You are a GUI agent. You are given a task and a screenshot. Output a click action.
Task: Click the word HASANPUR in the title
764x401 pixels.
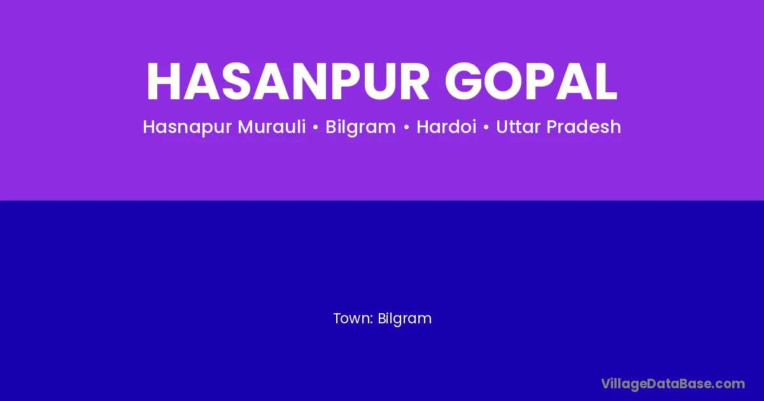click(x=288, y=81)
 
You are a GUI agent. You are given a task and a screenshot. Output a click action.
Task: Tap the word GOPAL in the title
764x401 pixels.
click(x=531, y=81)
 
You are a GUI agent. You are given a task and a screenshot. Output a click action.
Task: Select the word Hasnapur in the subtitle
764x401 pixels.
click(x=187, y=127)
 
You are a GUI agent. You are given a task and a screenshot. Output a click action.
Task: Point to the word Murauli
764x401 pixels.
click(x=272, y=127)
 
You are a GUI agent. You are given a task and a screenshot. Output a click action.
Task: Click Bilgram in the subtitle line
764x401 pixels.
click(x=360, y=127)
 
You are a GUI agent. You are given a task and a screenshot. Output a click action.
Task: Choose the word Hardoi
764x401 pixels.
click(x=446, y=127)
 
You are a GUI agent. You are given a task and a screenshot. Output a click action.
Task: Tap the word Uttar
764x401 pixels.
click(x=518, y=127)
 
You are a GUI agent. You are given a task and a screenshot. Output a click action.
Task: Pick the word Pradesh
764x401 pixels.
click(x=584, y=127)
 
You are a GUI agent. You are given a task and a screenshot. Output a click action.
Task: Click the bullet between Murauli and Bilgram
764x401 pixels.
click(x=316, y=127)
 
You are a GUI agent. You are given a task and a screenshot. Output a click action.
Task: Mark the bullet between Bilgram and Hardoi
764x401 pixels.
click(x=406, y=127)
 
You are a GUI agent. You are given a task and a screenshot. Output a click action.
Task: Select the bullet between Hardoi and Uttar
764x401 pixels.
click(x=486, y=127)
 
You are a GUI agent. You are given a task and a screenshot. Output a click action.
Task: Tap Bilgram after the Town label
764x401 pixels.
click(x=404, y=319)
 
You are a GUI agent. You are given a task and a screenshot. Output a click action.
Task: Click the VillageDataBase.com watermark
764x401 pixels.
click(x=673, y=384)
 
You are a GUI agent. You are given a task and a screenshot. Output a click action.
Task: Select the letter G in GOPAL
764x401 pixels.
click(x=463, y=81)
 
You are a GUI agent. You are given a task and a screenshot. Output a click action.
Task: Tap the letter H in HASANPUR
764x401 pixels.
click(x=164, y=81)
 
